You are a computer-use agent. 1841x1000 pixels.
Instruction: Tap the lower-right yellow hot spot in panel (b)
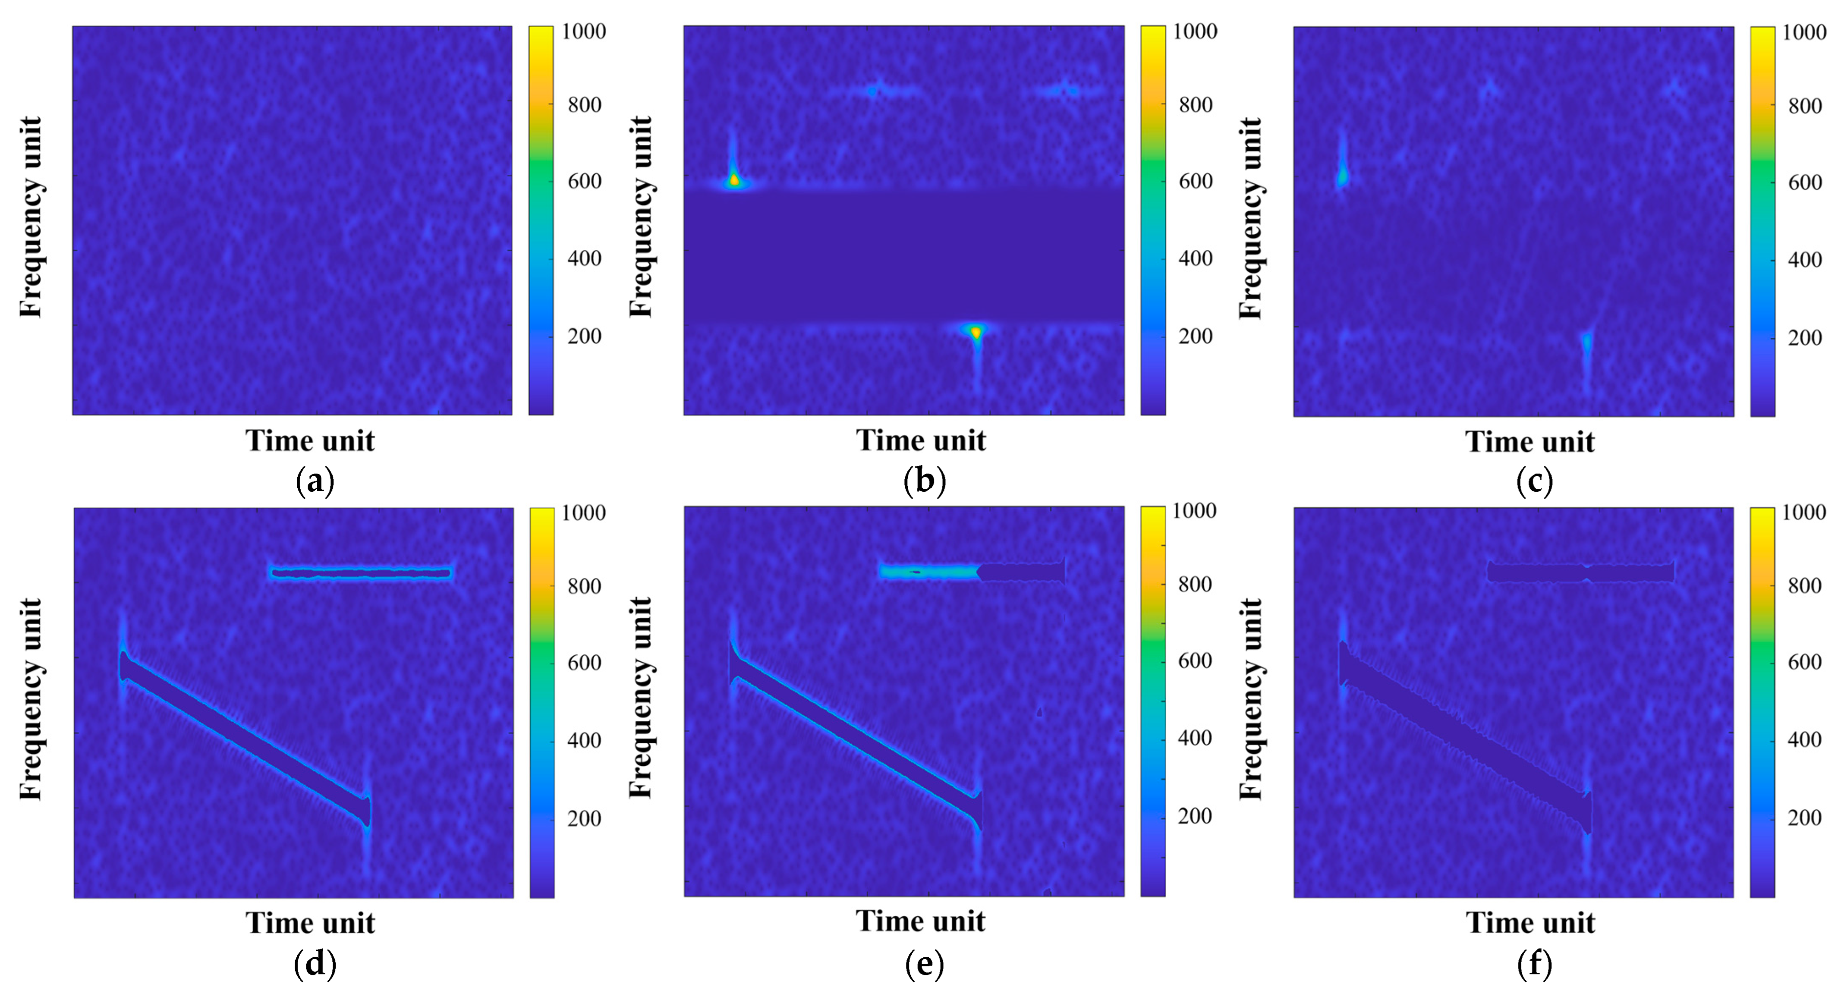976,332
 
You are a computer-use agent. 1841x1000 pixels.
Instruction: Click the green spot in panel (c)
1342,175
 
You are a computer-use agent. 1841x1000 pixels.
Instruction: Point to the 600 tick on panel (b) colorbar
1196,182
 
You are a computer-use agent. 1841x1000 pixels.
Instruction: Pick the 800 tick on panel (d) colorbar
584,586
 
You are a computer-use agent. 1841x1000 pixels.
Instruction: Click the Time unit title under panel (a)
310,441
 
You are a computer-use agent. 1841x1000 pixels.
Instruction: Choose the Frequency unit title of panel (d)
31,699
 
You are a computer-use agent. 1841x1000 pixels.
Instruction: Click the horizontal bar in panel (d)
362,572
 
